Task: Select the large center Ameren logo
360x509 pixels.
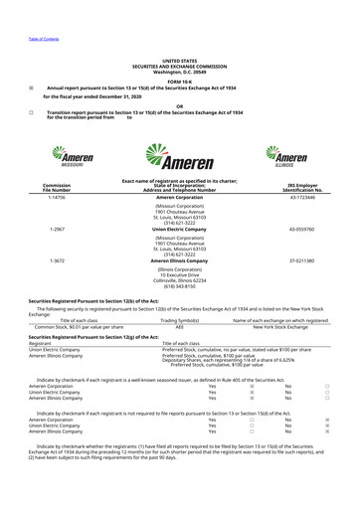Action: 178,159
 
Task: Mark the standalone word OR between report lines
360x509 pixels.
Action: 179,107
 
